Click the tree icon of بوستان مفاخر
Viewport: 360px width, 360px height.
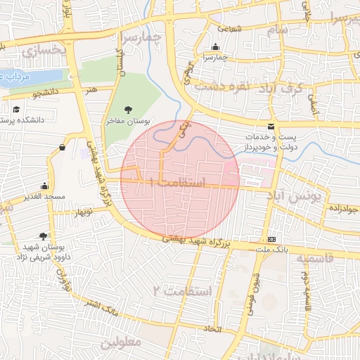pyautogui.click(x=128, y=109)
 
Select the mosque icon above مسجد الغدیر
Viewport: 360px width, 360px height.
pyautogui.click(x=44, y=186)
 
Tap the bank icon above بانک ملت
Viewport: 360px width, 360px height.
pyautogui.click(x=271, y=239)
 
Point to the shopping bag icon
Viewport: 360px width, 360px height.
pyautogui.click(x=63, y=147)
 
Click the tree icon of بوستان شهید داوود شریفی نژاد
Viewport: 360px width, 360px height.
pyautogui.click(x=44, y=236)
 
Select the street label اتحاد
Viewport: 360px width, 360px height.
pyautogui.click(x=211, y=328)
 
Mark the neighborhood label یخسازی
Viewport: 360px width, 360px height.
pyautogui.click(x=43, y=51)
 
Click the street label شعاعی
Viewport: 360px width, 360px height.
pyautogui.click(x=231, y=29)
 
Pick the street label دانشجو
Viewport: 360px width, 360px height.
pyautogui.click(x=46, y=92)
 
